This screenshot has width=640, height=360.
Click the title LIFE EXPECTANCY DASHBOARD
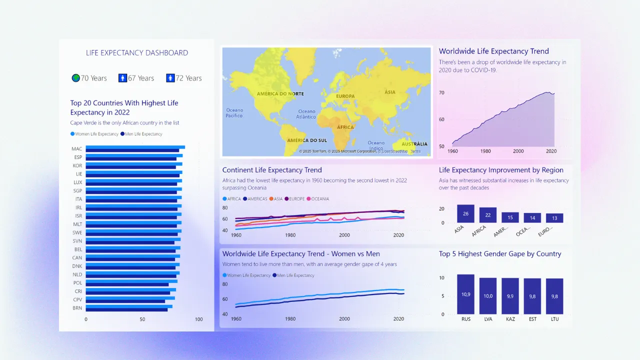[137, 53]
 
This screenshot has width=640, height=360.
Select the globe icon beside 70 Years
[75, 78]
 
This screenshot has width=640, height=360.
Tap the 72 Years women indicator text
[188, 78]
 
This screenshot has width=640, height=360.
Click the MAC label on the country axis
[77, 149]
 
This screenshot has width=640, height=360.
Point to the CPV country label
[77, 300]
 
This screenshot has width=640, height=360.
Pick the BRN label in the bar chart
[77, 308]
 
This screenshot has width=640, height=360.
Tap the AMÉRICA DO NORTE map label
[280, 94]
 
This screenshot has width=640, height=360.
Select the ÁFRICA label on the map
[345, 127]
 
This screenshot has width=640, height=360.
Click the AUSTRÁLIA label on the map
[414, 144]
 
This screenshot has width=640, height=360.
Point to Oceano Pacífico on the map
[234, 113]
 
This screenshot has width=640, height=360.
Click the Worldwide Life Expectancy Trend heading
[493, 51]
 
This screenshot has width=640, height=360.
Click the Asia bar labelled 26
[465, 214]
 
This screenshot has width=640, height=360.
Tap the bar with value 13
[554, 218]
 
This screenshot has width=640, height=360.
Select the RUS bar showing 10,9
[465, 294]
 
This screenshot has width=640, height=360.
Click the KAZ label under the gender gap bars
[510, 319]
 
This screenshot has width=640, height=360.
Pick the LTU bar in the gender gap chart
[554, 296]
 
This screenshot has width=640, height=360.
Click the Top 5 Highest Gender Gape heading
[500, 254]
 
